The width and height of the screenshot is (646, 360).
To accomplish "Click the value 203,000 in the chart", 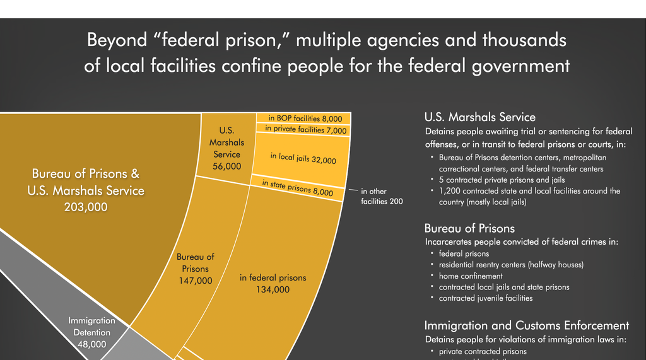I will coord(86,206).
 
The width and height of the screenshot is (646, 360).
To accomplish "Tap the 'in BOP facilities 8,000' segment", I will coord(305,118).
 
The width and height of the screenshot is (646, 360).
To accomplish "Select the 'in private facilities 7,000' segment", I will coord(306,129).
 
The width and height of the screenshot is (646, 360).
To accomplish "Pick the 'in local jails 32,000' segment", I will coord(303,159).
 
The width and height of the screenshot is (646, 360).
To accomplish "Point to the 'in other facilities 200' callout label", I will coord(381,196).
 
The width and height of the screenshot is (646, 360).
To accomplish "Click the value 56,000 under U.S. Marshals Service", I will coord(226,166).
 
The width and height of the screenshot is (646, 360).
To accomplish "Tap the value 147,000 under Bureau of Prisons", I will coord(195,280).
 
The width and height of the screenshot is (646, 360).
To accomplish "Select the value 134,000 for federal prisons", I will coord(273,289).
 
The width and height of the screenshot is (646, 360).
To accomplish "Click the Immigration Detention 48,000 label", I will coord(92,332).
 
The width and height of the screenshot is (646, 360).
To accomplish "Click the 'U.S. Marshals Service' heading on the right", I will coord(479,117).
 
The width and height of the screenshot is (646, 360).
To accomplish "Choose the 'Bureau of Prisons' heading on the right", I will coord(469,228).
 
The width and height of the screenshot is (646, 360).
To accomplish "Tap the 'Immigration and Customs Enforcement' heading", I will coord(526,325).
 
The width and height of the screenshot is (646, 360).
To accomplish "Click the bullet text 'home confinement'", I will coord(471,276).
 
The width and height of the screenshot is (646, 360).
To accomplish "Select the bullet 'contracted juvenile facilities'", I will coord(486,298).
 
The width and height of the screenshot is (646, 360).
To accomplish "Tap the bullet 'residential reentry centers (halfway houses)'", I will coord(511,264).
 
